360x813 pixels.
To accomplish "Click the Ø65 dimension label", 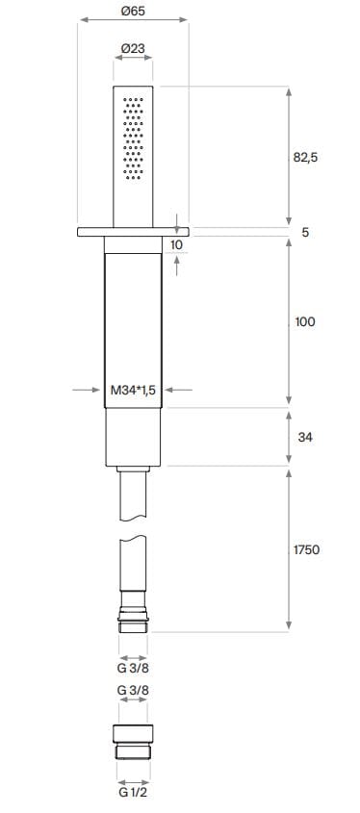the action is pos(133,11).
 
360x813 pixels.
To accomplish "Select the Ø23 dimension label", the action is pos(133,48).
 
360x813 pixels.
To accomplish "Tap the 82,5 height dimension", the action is pos(305,158).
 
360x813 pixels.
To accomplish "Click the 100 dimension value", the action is pos(305,322).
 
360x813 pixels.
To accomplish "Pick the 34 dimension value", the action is pos(305,438).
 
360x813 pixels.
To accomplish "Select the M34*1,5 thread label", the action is pos(133,391).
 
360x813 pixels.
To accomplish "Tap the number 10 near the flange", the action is pos(176,244).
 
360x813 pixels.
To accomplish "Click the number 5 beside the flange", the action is pos(305,232).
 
